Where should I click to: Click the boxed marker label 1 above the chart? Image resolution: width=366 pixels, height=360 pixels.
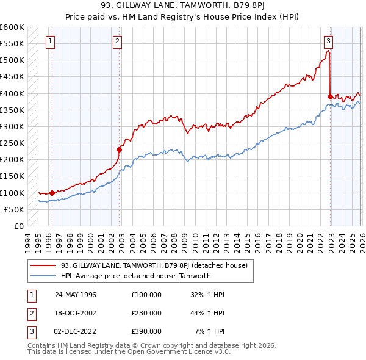click(x=49, y=41)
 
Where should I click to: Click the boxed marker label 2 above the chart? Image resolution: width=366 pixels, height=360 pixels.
click(x=117, y=41)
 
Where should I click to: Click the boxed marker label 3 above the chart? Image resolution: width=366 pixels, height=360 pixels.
click(x=328, y=41)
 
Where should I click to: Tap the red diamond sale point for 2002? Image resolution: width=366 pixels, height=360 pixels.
click(x=120, y=149)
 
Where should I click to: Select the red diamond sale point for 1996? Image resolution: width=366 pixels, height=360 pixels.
click(x=52, y=192)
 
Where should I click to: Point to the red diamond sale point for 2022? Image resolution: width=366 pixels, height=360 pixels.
click(x=331, y=96)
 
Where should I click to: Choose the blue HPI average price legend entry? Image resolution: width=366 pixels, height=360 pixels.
click(x=135, y=276)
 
